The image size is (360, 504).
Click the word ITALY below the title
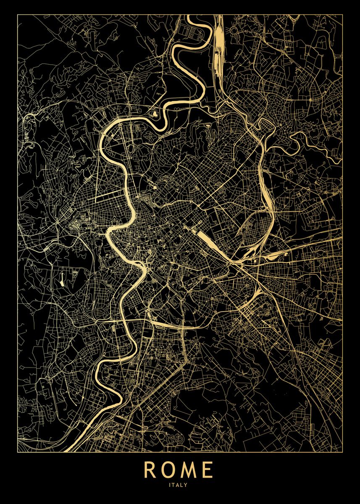[x=179, y=484]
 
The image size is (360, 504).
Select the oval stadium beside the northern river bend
[x=154, y=113]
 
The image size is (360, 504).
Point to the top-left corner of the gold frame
[x=18, y=15]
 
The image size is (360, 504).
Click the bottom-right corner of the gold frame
[x=343, y=452]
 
